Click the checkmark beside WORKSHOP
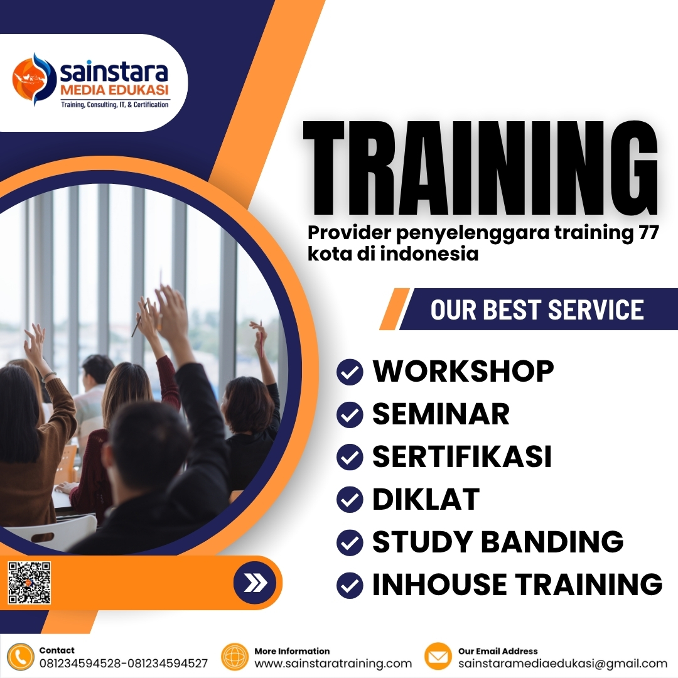click(350, 372)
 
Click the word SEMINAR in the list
click(441, 414)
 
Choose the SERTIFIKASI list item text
click(462, 456)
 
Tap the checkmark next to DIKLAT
click(350, 500)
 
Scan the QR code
click(30, 583)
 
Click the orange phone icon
click(21, 657)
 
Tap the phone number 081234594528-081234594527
click(124, 664)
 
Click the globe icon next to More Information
click(235, 657)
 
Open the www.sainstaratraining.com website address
click(333, 664)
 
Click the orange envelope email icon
click(438, 657)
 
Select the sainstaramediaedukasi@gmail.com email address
click(562, 664)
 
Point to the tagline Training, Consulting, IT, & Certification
click(114, 104)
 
